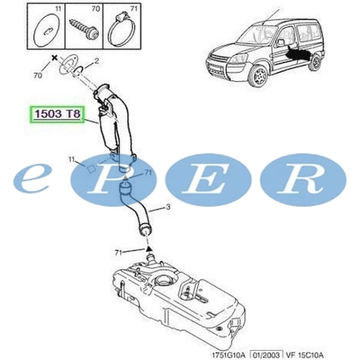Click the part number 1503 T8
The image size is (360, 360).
(57, 113)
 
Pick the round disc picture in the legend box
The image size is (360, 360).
(46, 28)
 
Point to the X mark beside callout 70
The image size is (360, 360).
(54, 59)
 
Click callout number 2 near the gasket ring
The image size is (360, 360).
(95, 61)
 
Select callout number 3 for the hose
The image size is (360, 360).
(168, 208)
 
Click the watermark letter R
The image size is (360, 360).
(302, 179)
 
